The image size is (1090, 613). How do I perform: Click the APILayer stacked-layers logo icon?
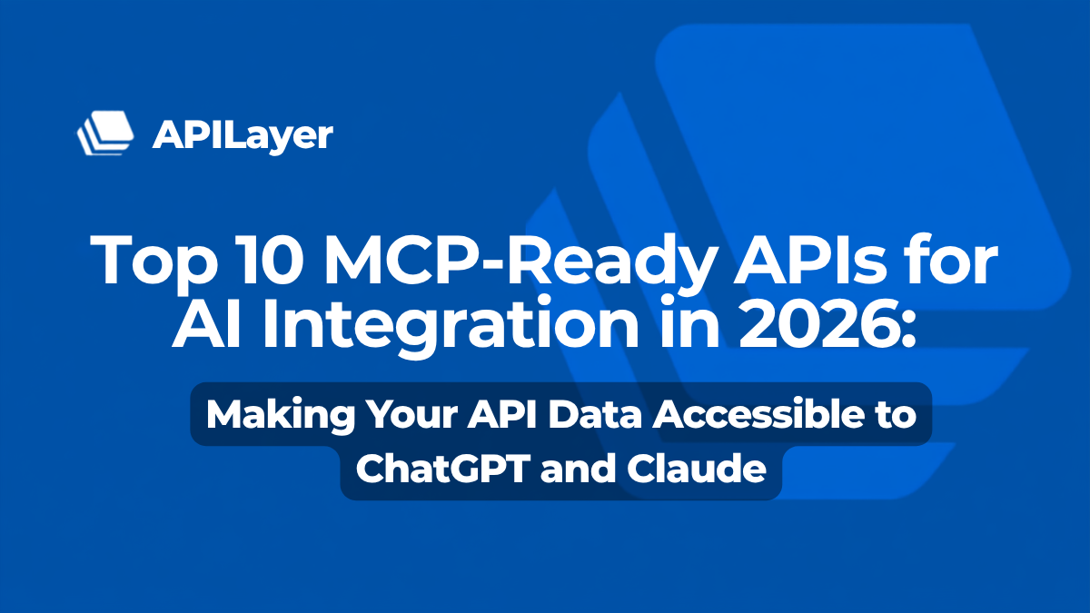105,133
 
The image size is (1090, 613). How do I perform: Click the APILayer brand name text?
243,135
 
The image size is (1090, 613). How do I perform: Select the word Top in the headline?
154,262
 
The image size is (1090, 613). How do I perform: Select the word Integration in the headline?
451,327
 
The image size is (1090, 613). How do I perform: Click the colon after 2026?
907,330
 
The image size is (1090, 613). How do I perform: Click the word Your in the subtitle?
411,414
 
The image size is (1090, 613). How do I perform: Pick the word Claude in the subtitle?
697,468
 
